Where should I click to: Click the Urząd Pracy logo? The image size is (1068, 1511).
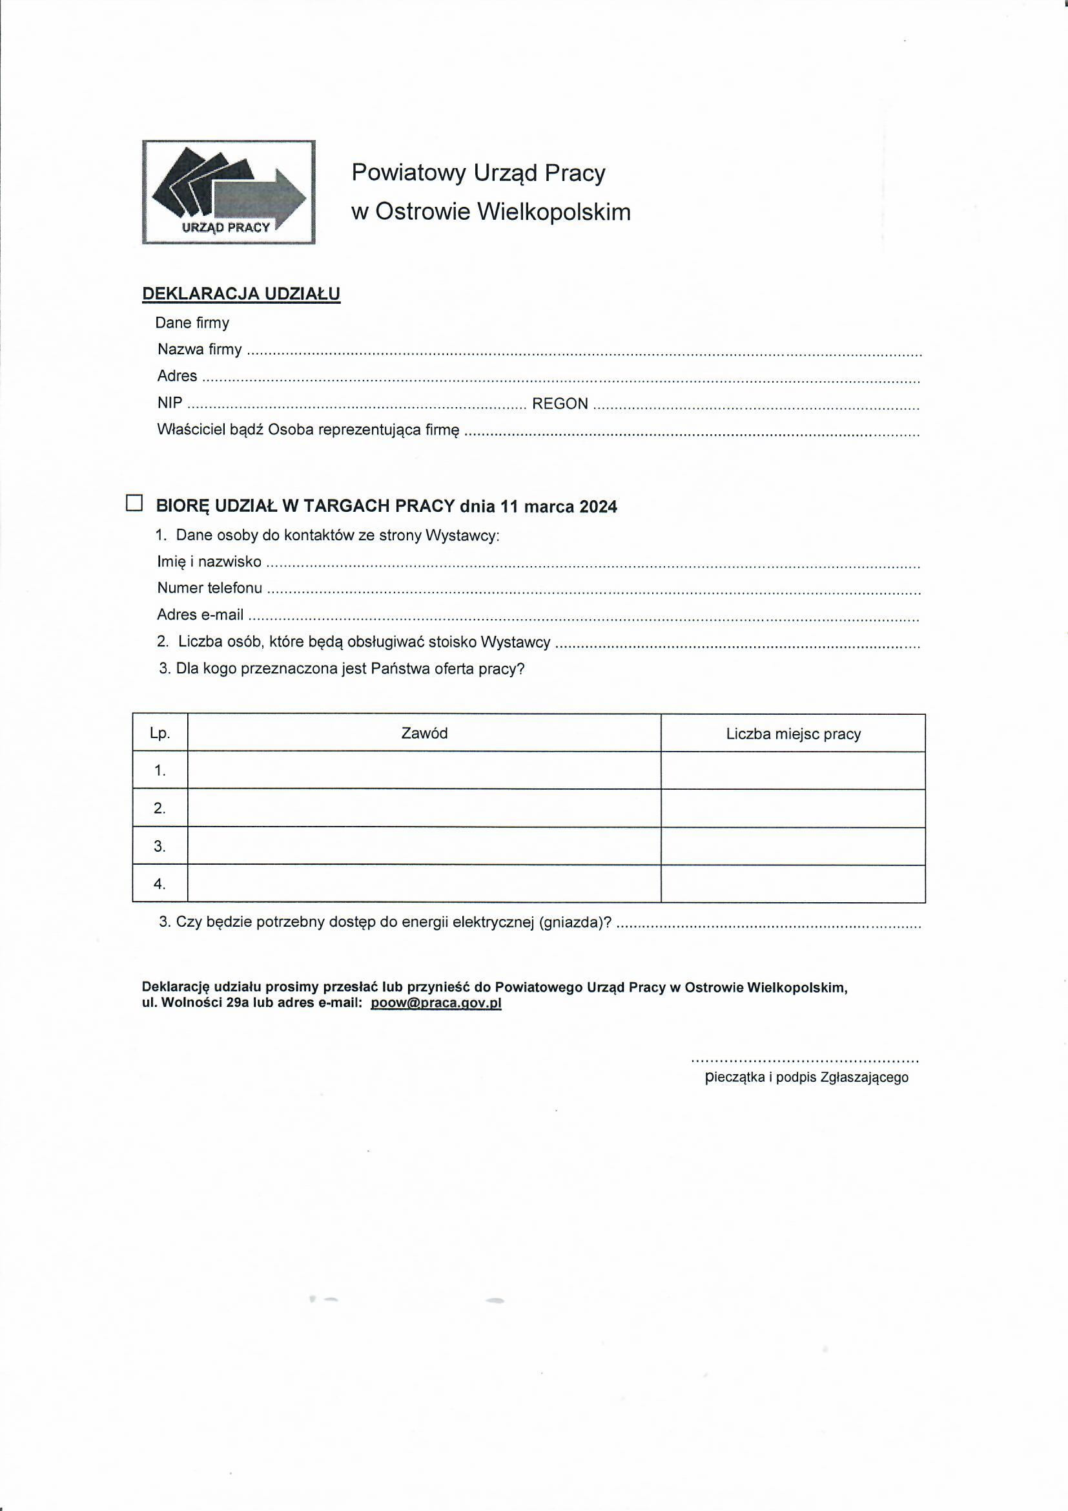tap(228, 191)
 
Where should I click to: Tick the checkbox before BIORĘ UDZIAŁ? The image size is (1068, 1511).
tap(134, 503)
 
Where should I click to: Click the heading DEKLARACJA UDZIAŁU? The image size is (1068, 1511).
tap(241, 293)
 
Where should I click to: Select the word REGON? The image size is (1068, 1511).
tap(560, 403)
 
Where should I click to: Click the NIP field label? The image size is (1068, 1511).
tap(170, 403)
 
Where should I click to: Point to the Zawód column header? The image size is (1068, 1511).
tap(424, 733)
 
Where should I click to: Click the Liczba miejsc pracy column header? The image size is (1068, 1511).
tap(793, 734)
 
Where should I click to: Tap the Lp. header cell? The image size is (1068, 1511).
tap(159, 733)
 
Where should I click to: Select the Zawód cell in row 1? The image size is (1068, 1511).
tap(424, 770)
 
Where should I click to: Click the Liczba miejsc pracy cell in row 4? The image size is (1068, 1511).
tap(793, 883)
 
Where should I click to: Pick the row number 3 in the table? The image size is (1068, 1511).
tap(159, 847)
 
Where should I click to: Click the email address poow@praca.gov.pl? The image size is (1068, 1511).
tap(436, 1003)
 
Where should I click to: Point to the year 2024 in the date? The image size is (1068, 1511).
tap(598, 507)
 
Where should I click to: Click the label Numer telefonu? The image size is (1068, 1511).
tap(209, 587)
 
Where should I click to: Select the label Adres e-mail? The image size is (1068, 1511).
tap(200, 615)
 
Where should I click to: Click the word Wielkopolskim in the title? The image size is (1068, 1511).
tap(553, 212)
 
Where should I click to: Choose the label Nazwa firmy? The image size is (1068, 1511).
tap(200, 350)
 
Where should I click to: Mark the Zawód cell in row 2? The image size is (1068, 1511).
tap(424, 808)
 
